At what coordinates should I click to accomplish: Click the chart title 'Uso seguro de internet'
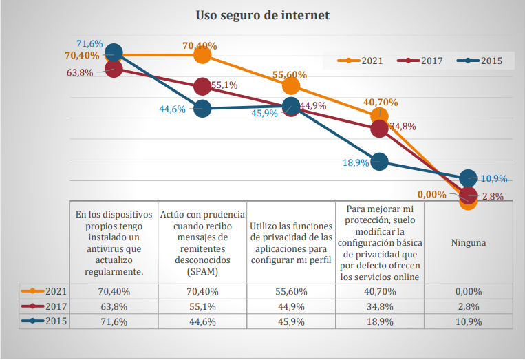262,14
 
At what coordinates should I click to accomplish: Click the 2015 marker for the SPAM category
202,108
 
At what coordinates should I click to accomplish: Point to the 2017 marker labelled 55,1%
202,86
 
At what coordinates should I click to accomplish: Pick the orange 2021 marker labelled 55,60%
291,85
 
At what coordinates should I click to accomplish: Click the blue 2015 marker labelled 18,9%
379,161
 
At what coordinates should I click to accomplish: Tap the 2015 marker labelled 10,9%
468,178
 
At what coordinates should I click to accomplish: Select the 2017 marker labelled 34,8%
379,128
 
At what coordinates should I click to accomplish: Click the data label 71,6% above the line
89,43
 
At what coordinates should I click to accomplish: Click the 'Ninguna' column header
468,242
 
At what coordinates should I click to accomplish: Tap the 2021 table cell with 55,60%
291,291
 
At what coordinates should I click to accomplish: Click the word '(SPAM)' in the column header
202,272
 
